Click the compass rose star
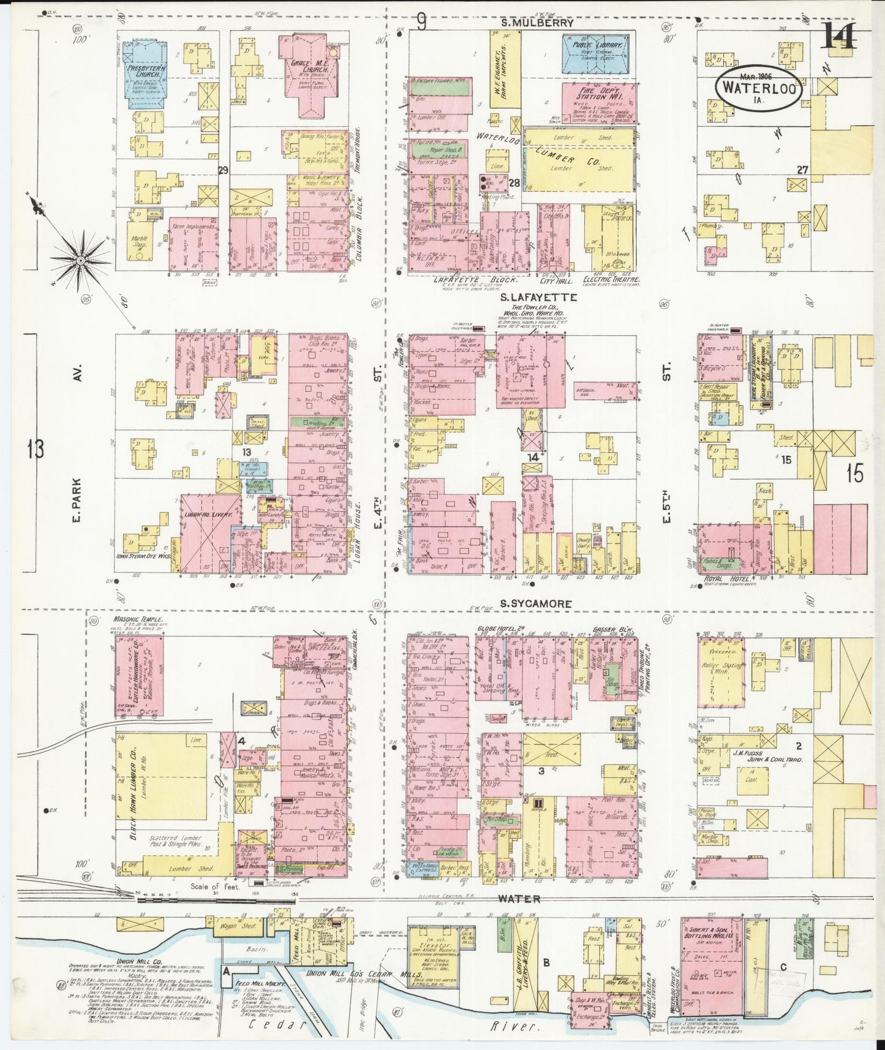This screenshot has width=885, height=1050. tap(80, 262)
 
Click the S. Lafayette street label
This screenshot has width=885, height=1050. tap(530, 297)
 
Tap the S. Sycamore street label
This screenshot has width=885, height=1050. tap(536, 603)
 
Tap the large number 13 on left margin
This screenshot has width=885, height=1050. tap(36, 450)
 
